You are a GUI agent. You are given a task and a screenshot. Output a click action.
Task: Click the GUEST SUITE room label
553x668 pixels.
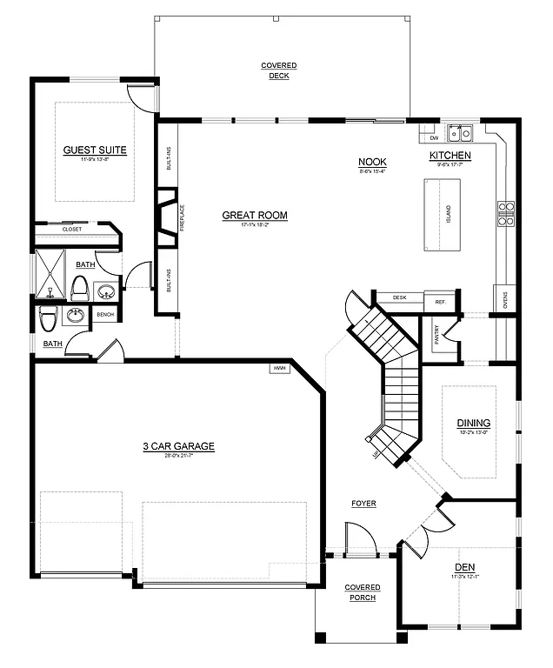click(x=95, y=150)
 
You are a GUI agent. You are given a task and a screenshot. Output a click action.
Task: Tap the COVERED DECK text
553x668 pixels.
click(x=279, y=70)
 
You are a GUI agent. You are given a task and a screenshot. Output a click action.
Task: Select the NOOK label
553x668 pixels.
click(x=372, y=162)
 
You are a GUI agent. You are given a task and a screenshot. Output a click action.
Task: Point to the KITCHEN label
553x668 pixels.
click(x=450, y=156)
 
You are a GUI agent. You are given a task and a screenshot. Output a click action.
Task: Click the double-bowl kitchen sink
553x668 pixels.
click(x=459, y=133)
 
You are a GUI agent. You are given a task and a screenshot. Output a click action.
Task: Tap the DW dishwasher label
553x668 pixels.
click(x=434, y=137)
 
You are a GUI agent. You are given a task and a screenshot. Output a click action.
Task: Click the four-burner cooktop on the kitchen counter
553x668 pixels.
click(x=505, y=214)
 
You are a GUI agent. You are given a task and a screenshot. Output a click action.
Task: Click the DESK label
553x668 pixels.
click(x=399, y=297)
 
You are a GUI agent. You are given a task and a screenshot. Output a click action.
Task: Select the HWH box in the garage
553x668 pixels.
click(x=280, y=368)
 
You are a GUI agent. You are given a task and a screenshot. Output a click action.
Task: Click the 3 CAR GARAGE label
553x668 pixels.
click(x=178, y=447)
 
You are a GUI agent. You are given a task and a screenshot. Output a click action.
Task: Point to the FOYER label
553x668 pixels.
click(x=363, y=504)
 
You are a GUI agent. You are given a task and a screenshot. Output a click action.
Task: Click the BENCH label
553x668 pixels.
click(x=105, y=314)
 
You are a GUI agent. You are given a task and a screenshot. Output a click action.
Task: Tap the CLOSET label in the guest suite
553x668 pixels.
click(x=72, y=229)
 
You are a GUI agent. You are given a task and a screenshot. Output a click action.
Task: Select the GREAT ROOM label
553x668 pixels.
click(x=254, y=215)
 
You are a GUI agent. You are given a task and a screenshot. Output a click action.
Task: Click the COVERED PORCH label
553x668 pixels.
click(x=363, y=592)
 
